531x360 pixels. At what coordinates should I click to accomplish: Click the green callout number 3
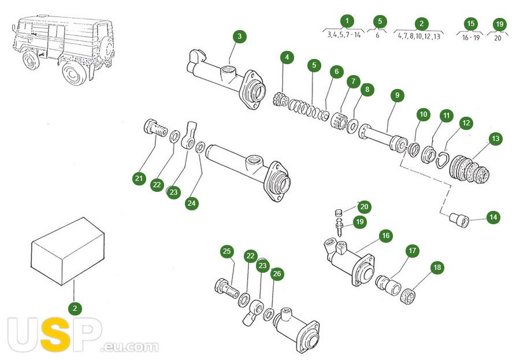[x=239, y=36]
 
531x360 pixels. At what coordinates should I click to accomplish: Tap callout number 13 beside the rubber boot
[x=495, y=139]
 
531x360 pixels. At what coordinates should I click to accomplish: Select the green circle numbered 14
[x=493, y=217]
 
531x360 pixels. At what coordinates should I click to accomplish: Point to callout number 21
[x=139, y=179]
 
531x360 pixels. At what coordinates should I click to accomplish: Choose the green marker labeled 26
[x=277, y=274]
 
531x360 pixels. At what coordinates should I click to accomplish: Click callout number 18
[x=437, y=267]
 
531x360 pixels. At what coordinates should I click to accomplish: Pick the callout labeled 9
[x=397, y=95]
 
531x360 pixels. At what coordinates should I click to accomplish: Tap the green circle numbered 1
[x=347, y=21]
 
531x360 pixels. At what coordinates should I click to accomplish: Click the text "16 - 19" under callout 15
[x=471, y=37]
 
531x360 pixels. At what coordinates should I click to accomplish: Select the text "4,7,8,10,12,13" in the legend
[x=419, y=36]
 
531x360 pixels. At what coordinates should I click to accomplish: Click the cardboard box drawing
[x=68, y=251]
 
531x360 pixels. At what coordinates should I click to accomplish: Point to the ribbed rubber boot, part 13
[x=469, y=170]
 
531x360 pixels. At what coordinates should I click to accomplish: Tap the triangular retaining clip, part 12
[x=441, y=159]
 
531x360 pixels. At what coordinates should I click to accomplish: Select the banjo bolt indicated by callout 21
[x=155, y=128]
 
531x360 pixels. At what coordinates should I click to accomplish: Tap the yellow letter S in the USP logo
[x=54, y=335]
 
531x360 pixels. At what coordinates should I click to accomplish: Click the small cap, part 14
[x=459, y=220]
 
